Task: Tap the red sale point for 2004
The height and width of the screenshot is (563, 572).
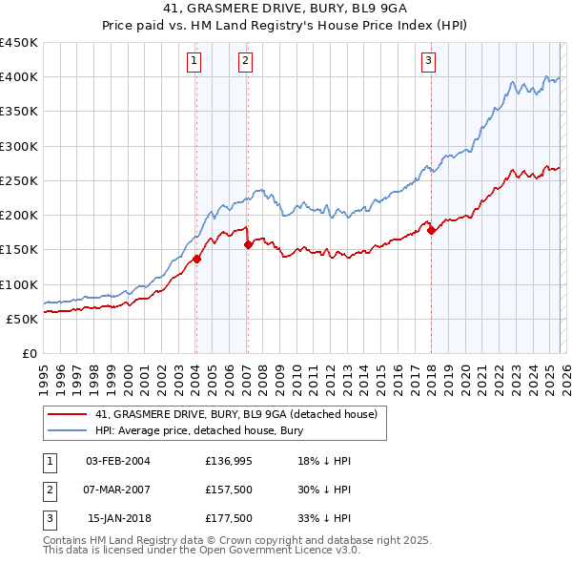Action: pos(196,259)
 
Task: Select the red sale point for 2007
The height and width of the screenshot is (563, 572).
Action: pos(248,244)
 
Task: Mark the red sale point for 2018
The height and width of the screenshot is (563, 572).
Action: pos(431,230)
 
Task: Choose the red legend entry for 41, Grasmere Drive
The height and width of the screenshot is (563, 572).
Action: pos(236,414)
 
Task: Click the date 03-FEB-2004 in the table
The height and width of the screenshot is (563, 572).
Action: pos(117,461)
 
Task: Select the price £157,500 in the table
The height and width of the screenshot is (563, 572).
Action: pos(227,490)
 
